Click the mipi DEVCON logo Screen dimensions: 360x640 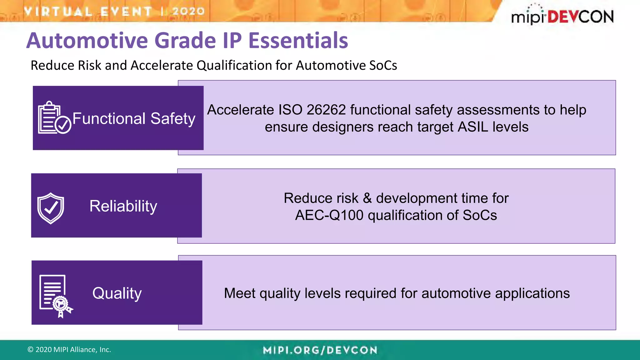pos(562,16)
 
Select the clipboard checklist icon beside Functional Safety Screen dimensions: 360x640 pos(54,118)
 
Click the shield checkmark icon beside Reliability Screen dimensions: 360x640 pos(51,208)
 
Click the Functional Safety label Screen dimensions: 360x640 pos(134,119)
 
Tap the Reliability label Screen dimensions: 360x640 pos(123,206)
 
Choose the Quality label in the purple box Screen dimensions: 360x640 pos(117,293)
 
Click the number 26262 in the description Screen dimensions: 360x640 pos(326,110)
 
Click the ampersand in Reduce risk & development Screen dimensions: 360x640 pos(367,198)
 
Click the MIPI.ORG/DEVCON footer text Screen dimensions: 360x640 pos(320,350)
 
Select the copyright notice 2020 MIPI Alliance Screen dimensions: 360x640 pos(69,350)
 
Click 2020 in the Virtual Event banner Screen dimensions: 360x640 pos(188,11)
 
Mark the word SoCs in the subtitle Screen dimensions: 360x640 pos(383,66)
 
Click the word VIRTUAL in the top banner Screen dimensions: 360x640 pos(58,12)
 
